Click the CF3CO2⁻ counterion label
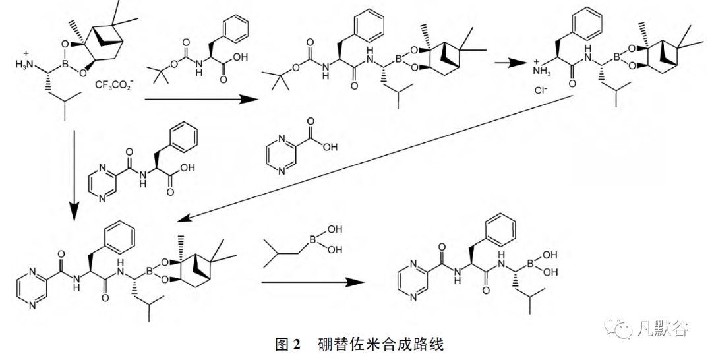coord(115,85)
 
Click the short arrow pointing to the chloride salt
coord(506,62)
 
